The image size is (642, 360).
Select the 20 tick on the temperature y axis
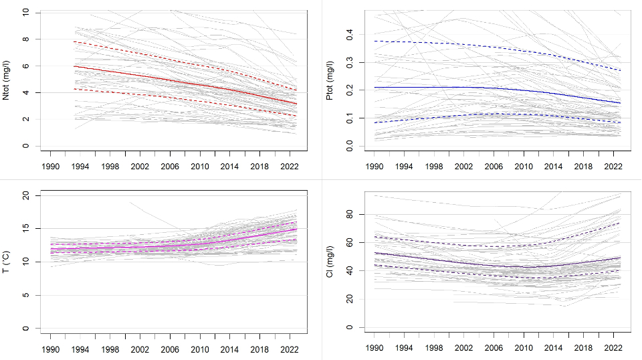pos(25,195)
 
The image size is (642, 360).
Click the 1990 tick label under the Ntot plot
pos(51,165)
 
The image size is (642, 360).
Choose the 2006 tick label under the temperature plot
pos(170,349)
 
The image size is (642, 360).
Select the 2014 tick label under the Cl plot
pos(553,349)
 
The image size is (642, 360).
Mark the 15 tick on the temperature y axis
pos(25,228)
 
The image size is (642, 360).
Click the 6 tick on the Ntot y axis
pos(25,66)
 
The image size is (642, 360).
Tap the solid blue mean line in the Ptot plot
pos(468,87)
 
